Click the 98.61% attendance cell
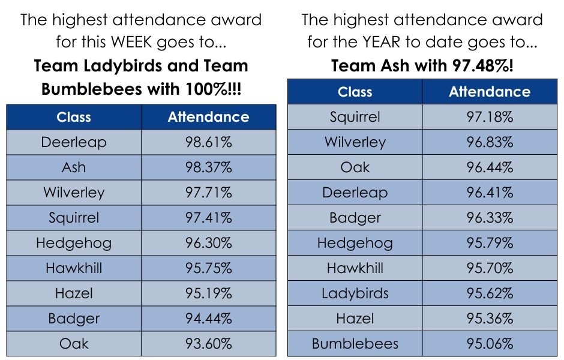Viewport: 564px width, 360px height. coord(208,142)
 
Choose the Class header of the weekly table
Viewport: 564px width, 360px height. coord(74,117)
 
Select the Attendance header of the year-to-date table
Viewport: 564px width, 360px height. coord(490,92)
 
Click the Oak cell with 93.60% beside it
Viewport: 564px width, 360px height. coord(74,344)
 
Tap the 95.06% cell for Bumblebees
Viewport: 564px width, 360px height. coord(490,344)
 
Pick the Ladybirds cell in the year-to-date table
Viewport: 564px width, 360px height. coord(355,293)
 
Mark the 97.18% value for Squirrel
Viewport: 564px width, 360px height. coord(490,117)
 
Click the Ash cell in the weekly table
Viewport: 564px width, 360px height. coord(74,167)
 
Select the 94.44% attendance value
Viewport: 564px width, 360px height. coord(208,319)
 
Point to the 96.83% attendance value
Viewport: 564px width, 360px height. coord(490,142)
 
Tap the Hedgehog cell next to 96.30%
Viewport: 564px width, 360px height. coord(74,243)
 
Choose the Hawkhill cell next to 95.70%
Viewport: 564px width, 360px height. coord(355,268)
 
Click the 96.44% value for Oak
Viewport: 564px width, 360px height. coord(490,167)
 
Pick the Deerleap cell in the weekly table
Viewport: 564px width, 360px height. coord(74,142)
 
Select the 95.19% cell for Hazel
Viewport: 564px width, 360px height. coord(208,293)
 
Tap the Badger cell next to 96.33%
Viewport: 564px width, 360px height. coord(355,218)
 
